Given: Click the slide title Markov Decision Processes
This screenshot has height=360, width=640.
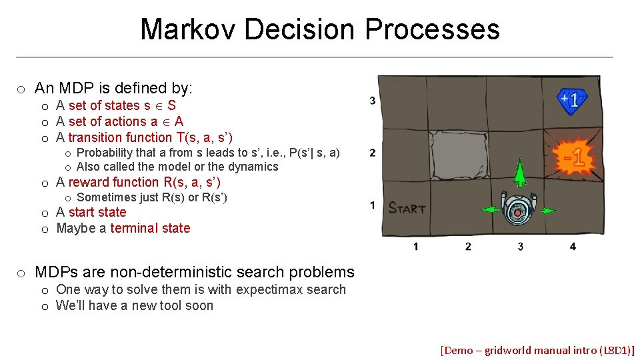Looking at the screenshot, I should pyautogui.click(x=320, y=29).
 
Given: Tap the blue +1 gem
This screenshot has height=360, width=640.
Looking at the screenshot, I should pyautogui.click(x=573, y=101).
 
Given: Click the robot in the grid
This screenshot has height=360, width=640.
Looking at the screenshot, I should pyautogui.click(x=519, y=209).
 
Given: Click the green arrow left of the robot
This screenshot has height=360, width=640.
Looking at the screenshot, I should pyautogui.click(x=490, y=210).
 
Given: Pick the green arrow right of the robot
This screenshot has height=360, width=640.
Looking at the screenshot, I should pyautogui.click(x=547, y=211).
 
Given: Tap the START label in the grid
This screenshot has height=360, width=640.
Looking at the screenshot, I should pyautogui.click(x=407, y=208).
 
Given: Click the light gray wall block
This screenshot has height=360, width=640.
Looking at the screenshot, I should pyautogui.click(x=453, y=153).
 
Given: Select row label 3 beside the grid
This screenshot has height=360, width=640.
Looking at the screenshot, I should pyautogui.click(x=373, y=101).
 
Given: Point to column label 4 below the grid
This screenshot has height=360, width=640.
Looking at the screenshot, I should pyautogui.click(x=573, y=247).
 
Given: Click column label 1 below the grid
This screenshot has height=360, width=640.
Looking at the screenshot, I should pyautogui.click(x=416, y=247).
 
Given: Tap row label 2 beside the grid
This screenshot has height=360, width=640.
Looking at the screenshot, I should pyautogui.click(x=373, y=153).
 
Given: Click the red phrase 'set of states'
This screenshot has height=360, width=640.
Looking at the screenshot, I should pyautogui.click(x=104, y=105).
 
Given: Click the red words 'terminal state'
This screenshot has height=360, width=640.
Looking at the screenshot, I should pyautogui.click(x=150, y=228).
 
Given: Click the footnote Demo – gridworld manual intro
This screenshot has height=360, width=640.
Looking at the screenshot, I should pyautogui.click(x=537, y=350).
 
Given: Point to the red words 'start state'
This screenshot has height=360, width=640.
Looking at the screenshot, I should pyautogui.click(x=97, y=212).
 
